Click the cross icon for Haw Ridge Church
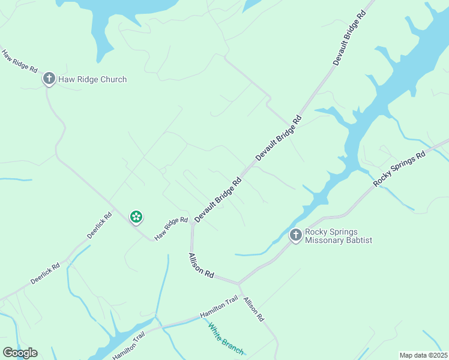click(x=49, y=79)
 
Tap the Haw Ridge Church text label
click(x=92, y=79)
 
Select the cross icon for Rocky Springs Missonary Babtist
click(x=295, y=235)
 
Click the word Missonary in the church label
click(x=325, y=241)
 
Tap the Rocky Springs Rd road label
click(x=399, y=168)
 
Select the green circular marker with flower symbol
click(x=136, y=217)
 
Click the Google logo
click(x=20, y=353)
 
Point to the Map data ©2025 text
click(x=423, y=355)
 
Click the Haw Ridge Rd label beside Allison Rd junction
click(x=171, y=229)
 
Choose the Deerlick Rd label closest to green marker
click(x=100, y=225)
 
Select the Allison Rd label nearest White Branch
click(x=254, y=308)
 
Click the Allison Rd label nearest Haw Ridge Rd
click(x=201, y=265)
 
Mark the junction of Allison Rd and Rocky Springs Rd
click(x=238, y=283)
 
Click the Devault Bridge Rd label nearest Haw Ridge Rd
click(x=218, y=198)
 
